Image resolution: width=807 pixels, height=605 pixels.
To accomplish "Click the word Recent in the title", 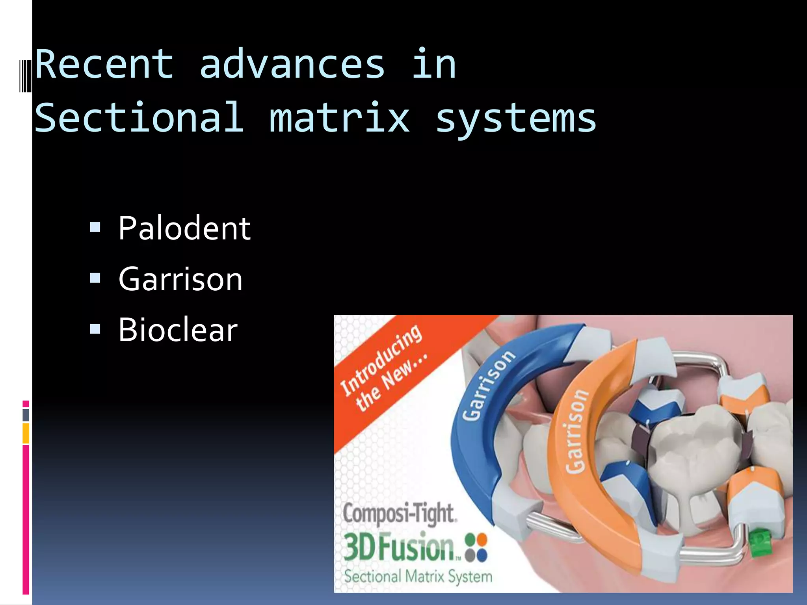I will tap(104, 64).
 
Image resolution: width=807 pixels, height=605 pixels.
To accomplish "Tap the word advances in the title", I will tap(292, 64).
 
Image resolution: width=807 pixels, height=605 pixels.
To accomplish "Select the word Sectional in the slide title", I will tap(139, 118).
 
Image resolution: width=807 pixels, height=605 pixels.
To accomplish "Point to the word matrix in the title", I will tap(339, 118).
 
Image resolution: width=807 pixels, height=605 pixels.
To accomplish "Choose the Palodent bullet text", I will tap(184, 228).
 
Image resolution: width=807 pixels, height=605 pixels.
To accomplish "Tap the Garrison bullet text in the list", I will tap(180, 279).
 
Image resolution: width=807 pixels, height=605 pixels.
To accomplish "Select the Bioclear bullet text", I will tap(178, 330).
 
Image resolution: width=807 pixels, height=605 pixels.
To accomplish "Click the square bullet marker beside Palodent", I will tap(95, 227).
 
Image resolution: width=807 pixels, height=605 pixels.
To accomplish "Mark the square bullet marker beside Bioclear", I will tap(95, 329).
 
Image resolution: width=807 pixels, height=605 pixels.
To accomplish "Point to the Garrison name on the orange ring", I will tap(576, 431).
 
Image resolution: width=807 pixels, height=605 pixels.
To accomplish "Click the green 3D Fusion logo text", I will tap(400, 546).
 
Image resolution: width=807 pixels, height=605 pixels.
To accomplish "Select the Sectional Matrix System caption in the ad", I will tap(418, 576).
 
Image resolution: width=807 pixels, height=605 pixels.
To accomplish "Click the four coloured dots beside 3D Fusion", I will tap(476, 547).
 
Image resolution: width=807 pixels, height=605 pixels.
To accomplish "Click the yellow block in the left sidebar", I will tap(26, 433).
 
